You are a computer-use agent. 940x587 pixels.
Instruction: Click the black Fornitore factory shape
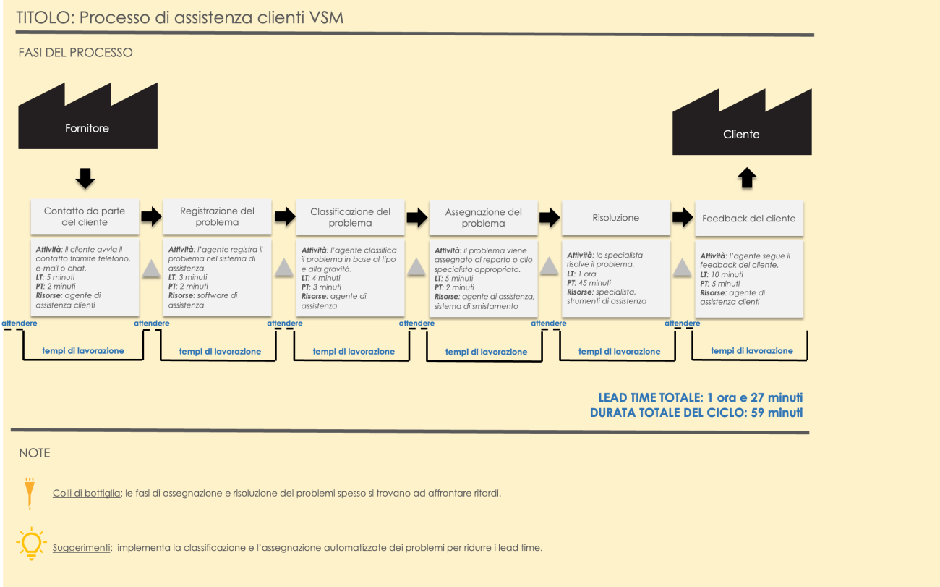(x=87, y=123)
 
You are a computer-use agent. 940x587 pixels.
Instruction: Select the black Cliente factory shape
(x=741, y=130)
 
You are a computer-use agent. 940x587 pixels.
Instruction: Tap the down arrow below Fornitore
(x=85, y=178)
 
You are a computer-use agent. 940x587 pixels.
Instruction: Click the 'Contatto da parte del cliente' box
(x=85, y=216)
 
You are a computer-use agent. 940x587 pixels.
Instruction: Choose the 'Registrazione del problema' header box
(x=217, y=216)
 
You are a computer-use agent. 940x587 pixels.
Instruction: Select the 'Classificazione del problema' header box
(x=350, y=216)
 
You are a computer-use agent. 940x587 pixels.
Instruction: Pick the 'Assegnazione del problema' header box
(x=483, y=217)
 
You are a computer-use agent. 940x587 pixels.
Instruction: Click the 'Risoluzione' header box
(x=615, y=217)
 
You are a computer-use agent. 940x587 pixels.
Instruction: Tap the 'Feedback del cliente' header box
(x=748, y=218)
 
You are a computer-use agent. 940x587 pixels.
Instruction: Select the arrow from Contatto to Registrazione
(x=151, y=216)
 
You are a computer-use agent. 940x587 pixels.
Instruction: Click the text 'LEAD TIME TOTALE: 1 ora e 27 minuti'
(x=700, y=398)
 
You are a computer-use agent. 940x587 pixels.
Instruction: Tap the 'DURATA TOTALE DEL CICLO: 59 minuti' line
(x=696, y=413)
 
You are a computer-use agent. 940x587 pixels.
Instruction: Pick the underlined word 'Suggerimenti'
(x=82, y=548)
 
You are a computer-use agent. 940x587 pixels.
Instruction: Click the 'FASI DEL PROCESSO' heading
(x=76, y=53)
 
